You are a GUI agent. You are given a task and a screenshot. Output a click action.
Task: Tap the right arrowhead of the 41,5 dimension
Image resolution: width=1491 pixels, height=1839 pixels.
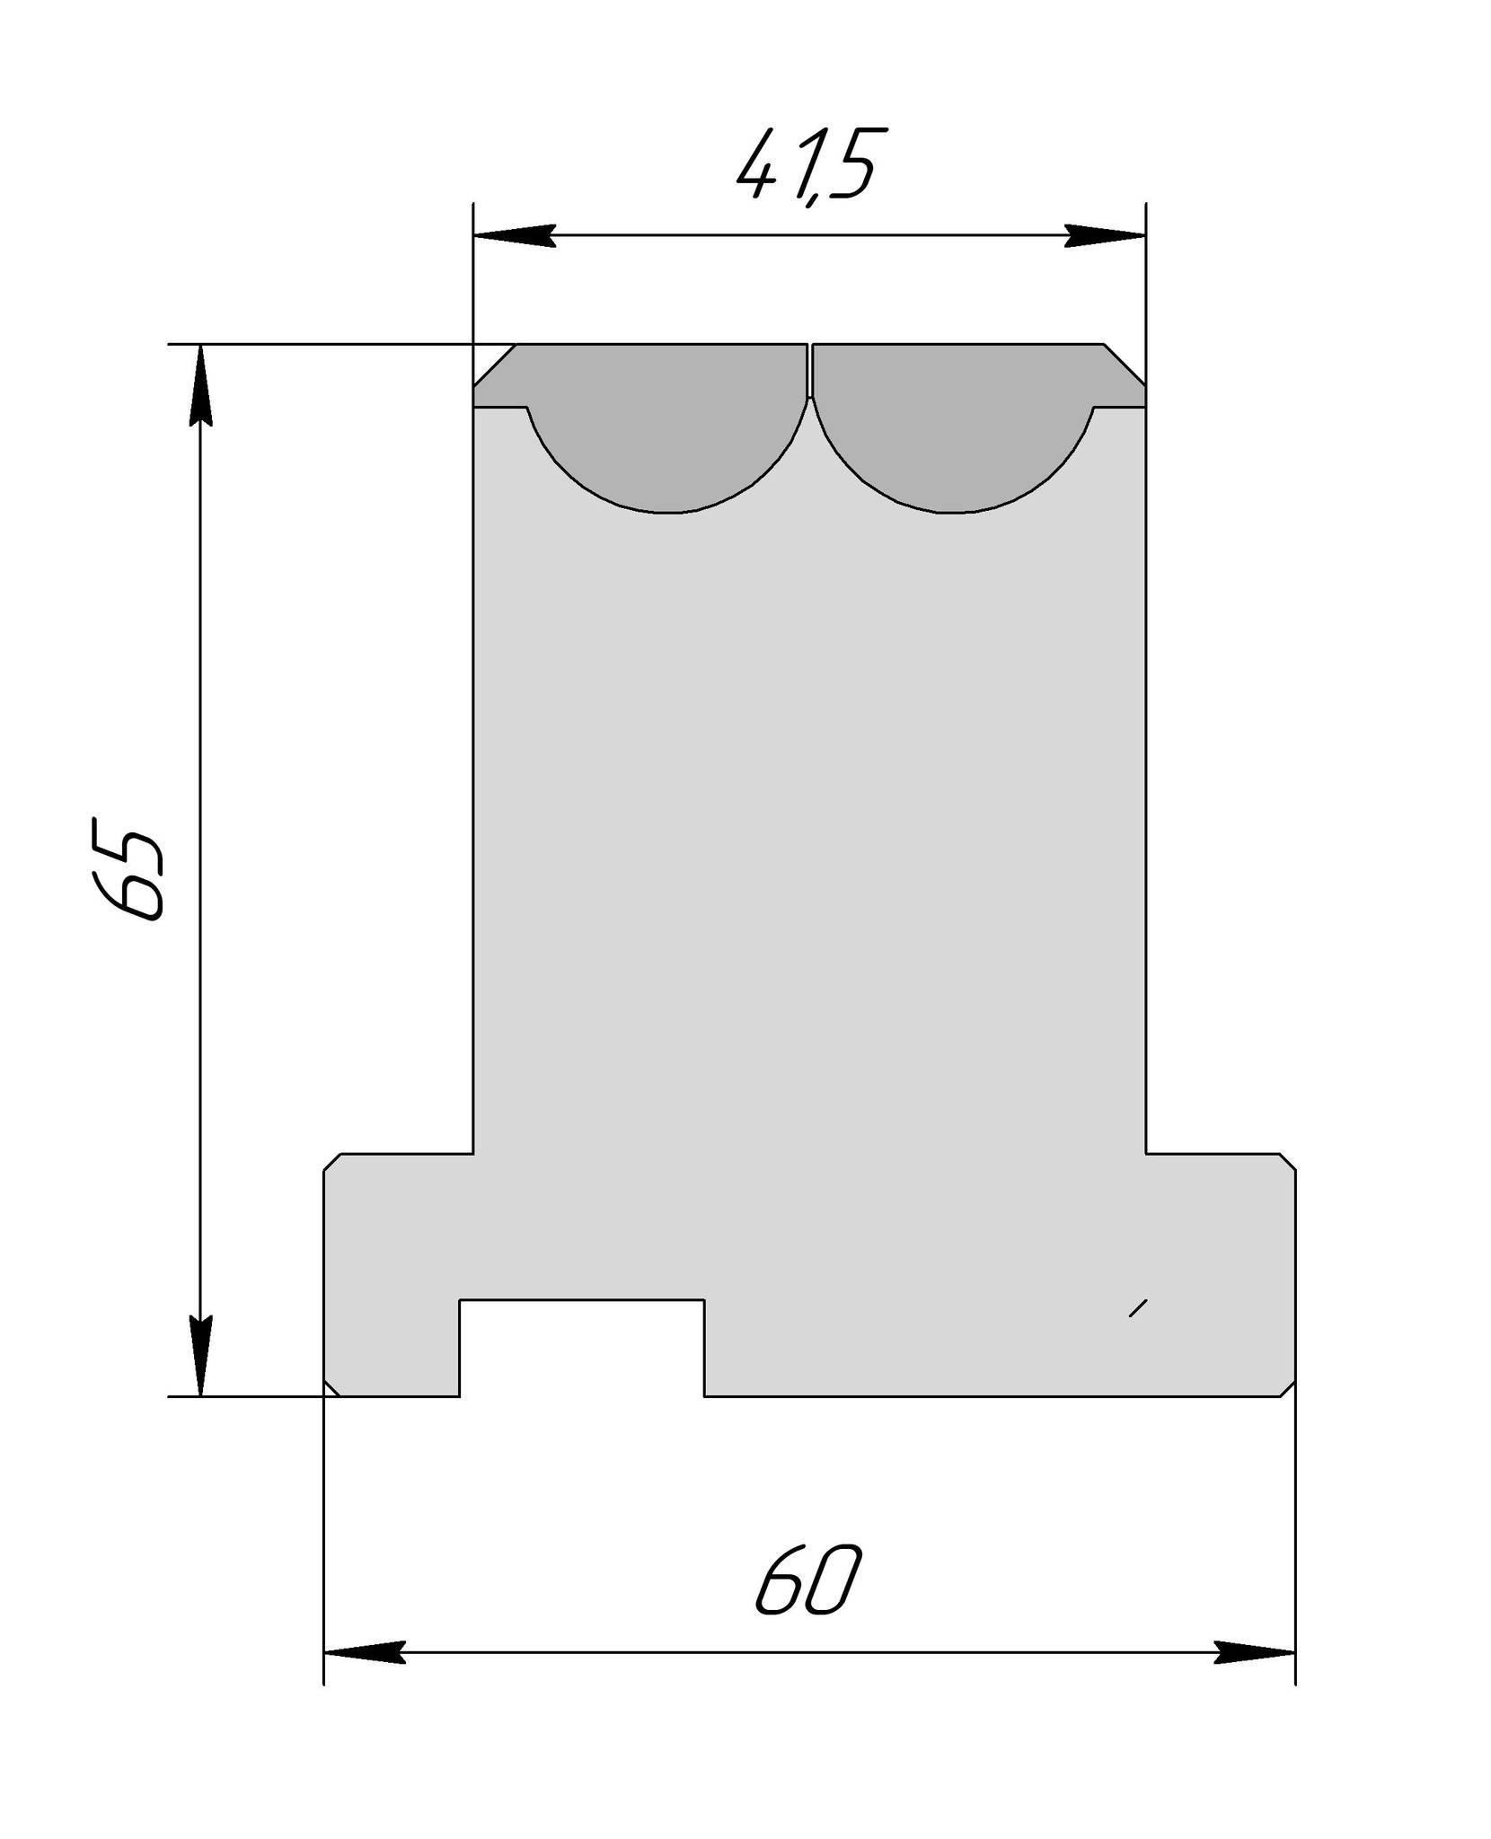pos(1105,236)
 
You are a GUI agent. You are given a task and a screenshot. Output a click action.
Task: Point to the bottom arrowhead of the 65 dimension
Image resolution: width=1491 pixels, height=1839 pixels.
pos(200,1356)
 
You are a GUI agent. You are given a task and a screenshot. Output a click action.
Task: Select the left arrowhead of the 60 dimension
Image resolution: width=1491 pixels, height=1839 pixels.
pos(364,1652)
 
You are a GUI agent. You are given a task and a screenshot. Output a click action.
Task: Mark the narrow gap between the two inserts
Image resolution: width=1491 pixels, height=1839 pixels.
pos(810,370)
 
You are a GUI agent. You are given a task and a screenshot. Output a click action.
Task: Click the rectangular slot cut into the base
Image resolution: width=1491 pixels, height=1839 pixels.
pos(582,1347)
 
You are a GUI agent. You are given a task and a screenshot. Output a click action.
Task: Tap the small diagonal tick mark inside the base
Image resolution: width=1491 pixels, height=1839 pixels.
pos(1138,1308)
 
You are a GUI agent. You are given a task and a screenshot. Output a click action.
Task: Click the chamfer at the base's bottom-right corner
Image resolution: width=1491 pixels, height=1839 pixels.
pos(1287,1389)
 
